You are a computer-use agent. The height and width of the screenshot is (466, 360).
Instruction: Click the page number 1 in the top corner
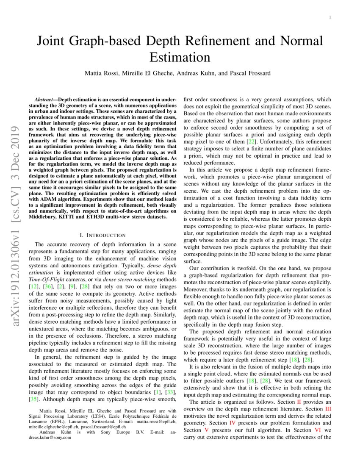point(330,17)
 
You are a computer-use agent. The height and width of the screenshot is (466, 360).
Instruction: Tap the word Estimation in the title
point(180,57)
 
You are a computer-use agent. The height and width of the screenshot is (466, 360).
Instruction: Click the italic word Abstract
point(45,98)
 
